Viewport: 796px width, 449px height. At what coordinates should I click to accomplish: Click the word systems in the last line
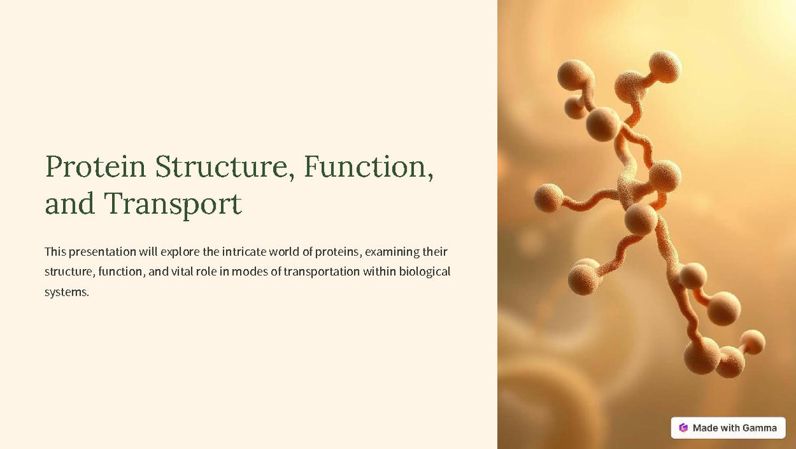click(66, 292)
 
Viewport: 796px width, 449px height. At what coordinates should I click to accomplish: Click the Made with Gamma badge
click(728, 428)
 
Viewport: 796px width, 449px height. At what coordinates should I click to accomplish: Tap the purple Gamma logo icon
click(684, 428)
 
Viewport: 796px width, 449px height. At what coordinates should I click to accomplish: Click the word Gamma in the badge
click(760, 428)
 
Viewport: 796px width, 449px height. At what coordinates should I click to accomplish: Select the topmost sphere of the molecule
click(664, 66)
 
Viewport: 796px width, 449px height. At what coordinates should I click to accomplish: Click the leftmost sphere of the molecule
click(549, 198)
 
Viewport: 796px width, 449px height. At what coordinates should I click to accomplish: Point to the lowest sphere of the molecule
click(730, 362)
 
